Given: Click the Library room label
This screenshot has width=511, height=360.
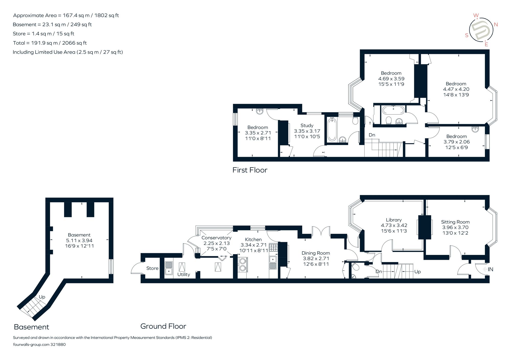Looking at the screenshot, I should coord(394,220).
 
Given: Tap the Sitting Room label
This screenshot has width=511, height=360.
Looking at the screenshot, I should coord(455,222).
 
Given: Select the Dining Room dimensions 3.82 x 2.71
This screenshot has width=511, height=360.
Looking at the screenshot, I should coord(316,258).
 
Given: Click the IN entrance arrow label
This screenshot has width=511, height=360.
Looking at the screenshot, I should coord(490,269).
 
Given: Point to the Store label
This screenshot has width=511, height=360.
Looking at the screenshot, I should coord(152,268).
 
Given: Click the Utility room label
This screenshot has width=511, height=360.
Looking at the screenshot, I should coord(184,274).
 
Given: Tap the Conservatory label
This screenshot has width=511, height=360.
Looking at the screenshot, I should coord(216,238).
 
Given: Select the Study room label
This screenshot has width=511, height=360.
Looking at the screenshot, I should coord(307,126).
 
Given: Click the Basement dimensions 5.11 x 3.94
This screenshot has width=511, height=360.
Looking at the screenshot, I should coord(79,240).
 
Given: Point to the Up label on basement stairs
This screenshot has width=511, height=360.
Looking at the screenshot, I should coord(42,297).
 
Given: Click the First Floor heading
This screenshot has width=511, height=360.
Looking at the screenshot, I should coord(250,170).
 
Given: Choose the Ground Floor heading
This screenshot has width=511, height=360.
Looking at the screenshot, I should coord(163,326).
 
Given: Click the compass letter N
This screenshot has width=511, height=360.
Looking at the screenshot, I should coord(496,25).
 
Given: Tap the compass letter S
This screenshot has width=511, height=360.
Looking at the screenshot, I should coord(467,35).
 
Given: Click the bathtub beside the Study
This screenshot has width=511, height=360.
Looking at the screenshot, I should coord(332,129).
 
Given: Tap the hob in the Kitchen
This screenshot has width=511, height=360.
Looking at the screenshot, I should coord(273,247).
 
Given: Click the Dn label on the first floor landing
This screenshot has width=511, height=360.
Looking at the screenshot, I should coord(372,135).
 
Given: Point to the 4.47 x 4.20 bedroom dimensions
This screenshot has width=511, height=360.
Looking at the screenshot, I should coord(456,89).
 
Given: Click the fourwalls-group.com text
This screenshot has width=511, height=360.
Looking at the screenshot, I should coord(31,344).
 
